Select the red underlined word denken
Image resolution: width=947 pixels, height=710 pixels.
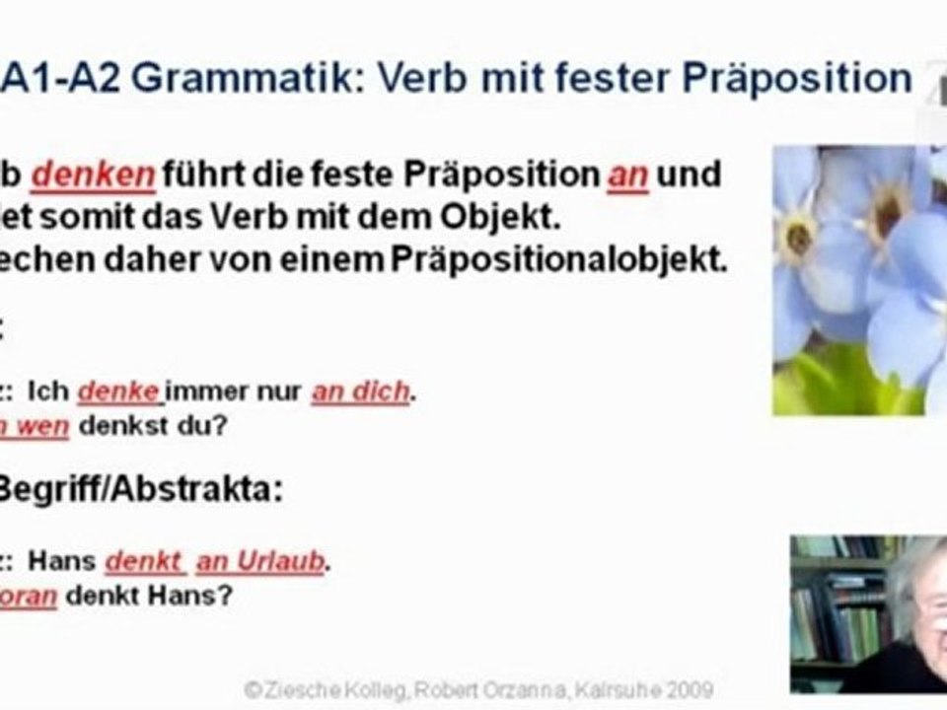[93, 176]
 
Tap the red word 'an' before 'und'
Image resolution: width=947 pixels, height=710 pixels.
[627, 176]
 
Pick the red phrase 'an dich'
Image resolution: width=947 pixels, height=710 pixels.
[360, 391]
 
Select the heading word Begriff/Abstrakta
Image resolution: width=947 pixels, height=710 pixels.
[139, 490]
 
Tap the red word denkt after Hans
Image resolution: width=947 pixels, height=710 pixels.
[144, 561]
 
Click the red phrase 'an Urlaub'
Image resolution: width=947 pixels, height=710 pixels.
[260, 561]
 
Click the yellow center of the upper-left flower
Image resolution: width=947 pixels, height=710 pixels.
[796, 237]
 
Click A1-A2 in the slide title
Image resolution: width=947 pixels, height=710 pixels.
[64, 78]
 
